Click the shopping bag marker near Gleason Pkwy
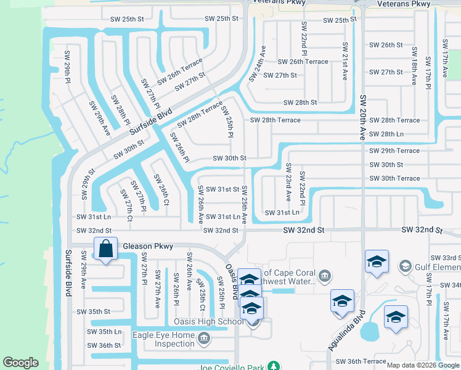click(106, 250)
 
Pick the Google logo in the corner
click(21, 363)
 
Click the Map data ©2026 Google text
click(422, 365)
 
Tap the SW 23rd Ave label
click(288, 182)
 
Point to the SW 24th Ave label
click(257, 63)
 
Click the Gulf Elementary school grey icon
click(406, 266)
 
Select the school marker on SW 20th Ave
click(376, 261)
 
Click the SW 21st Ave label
click(345, 60)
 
